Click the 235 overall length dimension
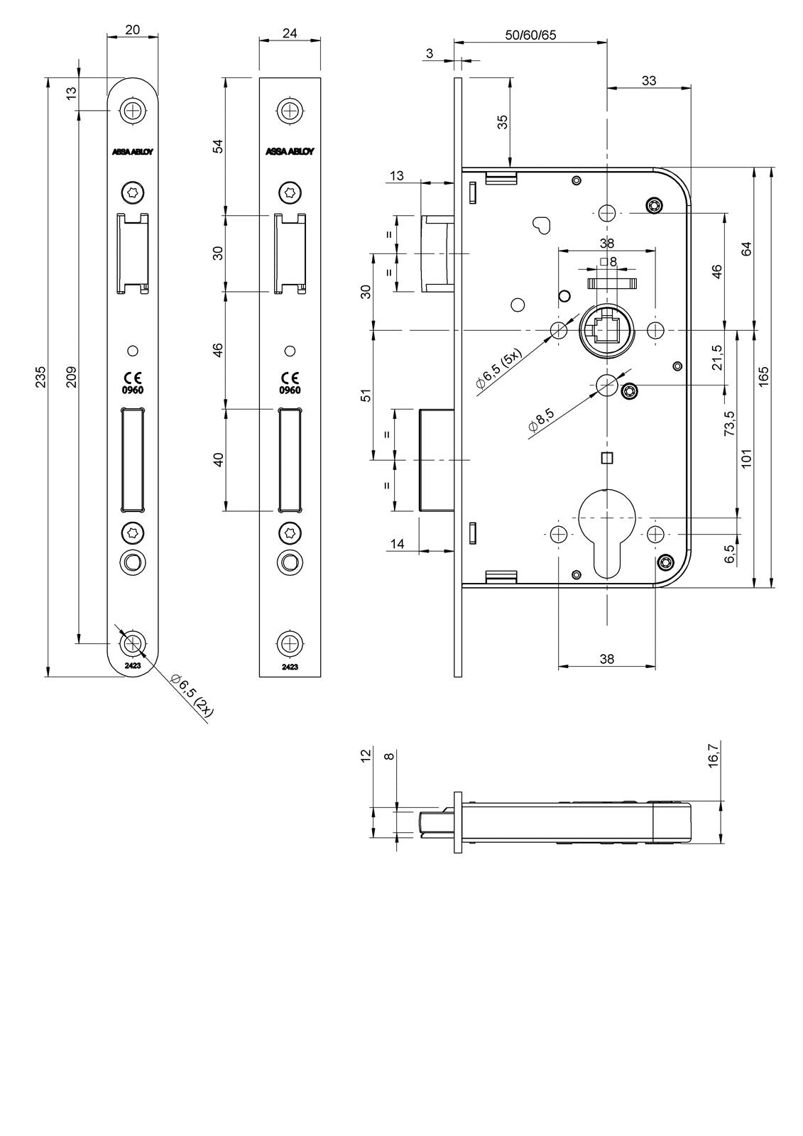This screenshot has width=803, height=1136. tap(41, 377)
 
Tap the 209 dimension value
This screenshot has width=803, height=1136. tap(72, 377)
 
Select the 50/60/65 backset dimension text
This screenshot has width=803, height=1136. tap(530, 35)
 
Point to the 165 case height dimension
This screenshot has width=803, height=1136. tap(763, 376)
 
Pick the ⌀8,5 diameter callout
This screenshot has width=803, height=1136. tap(541, 419)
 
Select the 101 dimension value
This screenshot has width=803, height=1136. tap(746, 458)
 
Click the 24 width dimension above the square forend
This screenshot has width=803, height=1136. tap(290, 33)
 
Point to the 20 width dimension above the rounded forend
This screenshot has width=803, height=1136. tap(132, 30)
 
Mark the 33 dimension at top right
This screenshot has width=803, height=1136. tap(649, 81)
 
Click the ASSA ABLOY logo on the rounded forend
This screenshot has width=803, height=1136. tap(132, 152)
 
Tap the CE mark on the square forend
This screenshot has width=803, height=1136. tap(290, 377)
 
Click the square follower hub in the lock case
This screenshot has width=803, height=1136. tap(606, 332)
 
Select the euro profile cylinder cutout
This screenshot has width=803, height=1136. tap(607, 532)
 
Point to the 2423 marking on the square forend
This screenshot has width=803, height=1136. tap(290, 667)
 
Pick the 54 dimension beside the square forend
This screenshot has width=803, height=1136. tap(218, 146)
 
